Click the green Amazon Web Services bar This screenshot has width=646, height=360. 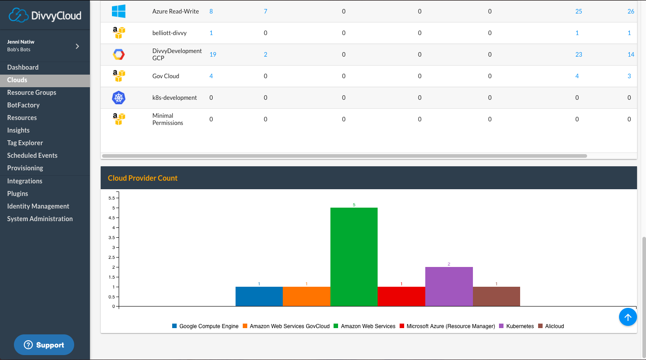[354, 257]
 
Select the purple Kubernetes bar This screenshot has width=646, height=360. [449, 287]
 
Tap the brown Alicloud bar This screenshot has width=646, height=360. [496, 297]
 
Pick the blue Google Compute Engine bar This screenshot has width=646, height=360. [259, 297]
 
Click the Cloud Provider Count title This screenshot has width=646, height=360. [143, 178]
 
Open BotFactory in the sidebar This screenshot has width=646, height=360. [23, 105]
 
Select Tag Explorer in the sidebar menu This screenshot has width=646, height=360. [25, 143]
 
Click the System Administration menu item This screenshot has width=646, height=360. [40, 219]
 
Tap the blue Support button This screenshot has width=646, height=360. [44, 345]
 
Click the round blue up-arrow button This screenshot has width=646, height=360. [628, 317]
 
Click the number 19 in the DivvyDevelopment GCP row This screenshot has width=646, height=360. [213, 54]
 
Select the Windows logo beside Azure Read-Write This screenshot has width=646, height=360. [119, 11]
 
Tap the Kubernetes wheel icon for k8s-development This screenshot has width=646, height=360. [119, 98]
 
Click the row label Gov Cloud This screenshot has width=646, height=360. [166, 76]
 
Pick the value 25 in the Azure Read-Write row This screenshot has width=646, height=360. [579, 11]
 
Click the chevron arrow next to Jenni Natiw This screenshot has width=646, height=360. [77, 46]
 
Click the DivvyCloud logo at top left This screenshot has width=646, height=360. [45, 15]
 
